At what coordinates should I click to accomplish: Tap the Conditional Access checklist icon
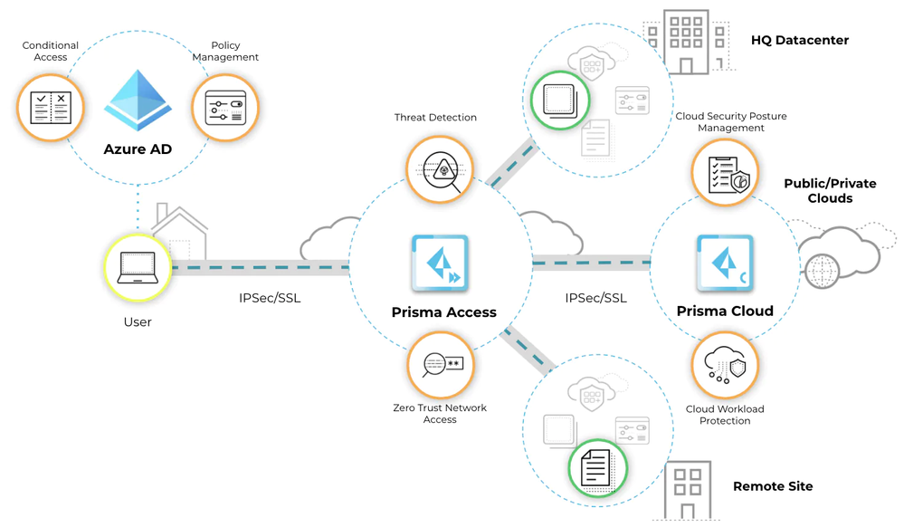51,108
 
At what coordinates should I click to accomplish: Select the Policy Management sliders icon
225,109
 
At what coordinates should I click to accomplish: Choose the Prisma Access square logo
440,263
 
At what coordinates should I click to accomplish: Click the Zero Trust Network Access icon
440,364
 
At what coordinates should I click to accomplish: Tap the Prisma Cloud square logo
726,263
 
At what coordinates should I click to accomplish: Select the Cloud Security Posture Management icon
726,172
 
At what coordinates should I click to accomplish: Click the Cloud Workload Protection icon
726,364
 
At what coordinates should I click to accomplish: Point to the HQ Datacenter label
800,41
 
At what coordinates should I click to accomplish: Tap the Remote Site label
773,486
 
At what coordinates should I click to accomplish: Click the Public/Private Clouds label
818,191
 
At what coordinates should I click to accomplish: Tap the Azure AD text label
138,149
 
